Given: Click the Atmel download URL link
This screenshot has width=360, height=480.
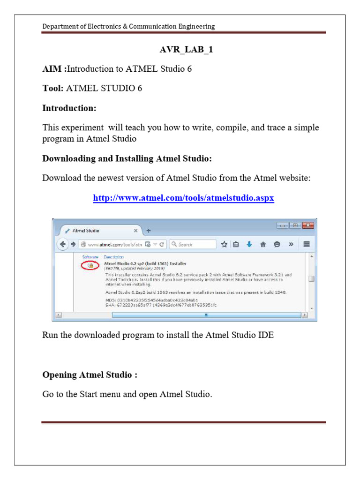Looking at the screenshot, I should click(x=183, y=198).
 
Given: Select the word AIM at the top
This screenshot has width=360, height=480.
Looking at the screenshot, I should click(x=52, y=69).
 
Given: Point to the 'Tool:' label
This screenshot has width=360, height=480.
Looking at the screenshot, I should click(x=53, y=88).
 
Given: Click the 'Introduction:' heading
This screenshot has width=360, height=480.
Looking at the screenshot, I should click(x=69, y=108).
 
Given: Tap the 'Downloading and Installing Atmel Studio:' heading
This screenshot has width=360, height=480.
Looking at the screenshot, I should click(x=127, y=158).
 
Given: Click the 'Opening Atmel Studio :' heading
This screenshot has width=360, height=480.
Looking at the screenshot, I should click(x=90, y=375).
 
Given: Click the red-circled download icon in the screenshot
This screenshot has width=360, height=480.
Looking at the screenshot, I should click(x=90, y=265).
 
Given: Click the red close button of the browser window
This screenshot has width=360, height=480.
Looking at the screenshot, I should click(x=307, y=225).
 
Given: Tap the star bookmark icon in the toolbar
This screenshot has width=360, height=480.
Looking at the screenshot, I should click(x=224, y=244).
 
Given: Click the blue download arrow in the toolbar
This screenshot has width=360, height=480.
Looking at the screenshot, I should click(x=249, y=244).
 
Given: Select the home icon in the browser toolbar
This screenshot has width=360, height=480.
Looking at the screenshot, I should click(x=263, y=244).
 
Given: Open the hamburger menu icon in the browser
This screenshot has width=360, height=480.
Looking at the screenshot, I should click(x=307, y=244).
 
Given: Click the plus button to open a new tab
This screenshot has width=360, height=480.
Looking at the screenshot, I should click(x=149, y=231).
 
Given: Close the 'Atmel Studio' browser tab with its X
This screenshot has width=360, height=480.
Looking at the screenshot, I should click(x=136, y=231).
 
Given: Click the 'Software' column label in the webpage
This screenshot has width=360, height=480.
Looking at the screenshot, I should click(x=90, y=257).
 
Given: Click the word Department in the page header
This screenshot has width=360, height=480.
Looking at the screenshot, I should click(x=61, y=26).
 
